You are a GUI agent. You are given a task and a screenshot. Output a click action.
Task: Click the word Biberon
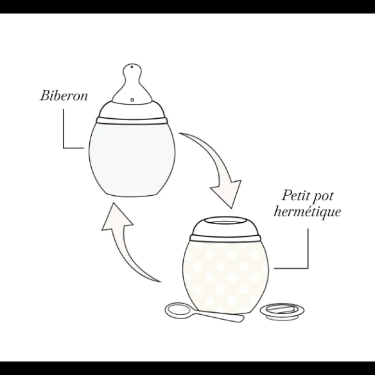(64, 95)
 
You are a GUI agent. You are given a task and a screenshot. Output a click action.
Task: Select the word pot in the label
(324, 197)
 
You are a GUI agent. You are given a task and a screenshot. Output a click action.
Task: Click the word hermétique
(307, 211)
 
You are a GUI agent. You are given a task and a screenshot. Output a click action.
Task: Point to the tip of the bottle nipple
(132, 64)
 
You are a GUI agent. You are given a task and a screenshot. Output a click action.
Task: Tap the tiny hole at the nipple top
(132, 67)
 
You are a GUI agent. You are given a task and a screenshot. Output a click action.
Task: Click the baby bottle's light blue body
(132, 158)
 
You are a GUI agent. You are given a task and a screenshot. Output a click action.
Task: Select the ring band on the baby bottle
(132, 120)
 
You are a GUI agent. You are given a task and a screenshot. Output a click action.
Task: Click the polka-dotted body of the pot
(226, 275)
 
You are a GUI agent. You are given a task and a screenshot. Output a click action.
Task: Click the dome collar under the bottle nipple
(132, 109)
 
